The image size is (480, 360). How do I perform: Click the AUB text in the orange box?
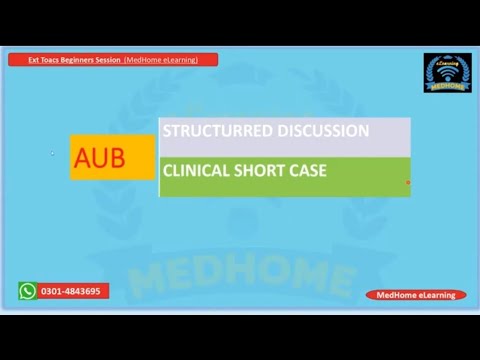pyautogui.click(x=100, y=158)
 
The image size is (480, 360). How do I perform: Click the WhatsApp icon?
pyautogui.click(x=27, y=291)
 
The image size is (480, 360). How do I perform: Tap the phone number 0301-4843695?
pyautogui.click(x=70, y=291)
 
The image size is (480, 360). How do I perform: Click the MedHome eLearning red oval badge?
pyautogui.click(x=415, y=295)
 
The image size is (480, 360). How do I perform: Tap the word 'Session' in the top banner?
pyautogui.click(x=108, y=60)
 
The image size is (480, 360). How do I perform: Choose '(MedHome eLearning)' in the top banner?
pyautogui.click(x=161, y=60)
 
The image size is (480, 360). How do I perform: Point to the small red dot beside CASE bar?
pyautogui.click(x=408, y=183)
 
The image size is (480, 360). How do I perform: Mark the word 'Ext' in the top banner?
pyautogui.click(x=33, y=60)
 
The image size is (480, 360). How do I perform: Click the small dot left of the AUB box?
pyautogui.click(x=52, y=154)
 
